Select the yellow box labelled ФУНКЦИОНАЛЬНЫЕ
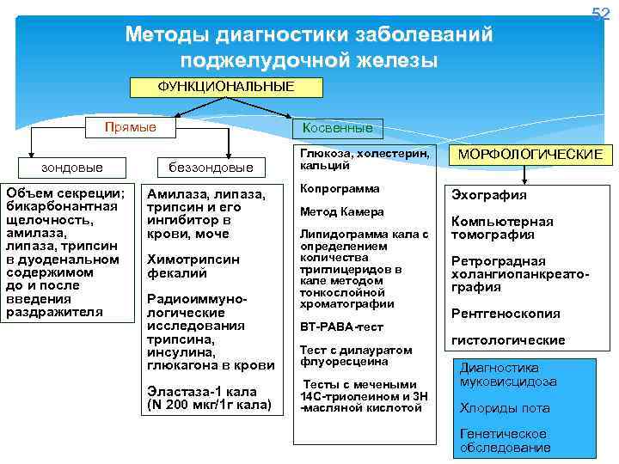click(226, 87)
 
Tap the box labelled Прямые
click(131, 127)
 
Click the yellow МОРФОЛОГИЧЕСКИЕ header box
click(531, 154)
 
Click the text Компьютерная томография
click(502, 228)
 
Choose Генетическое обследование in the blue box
click(504, 441)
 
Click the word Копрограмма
click(340, 188)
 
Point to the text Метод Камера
click(341, 211)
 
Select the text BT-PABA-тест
click(341, 327)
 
